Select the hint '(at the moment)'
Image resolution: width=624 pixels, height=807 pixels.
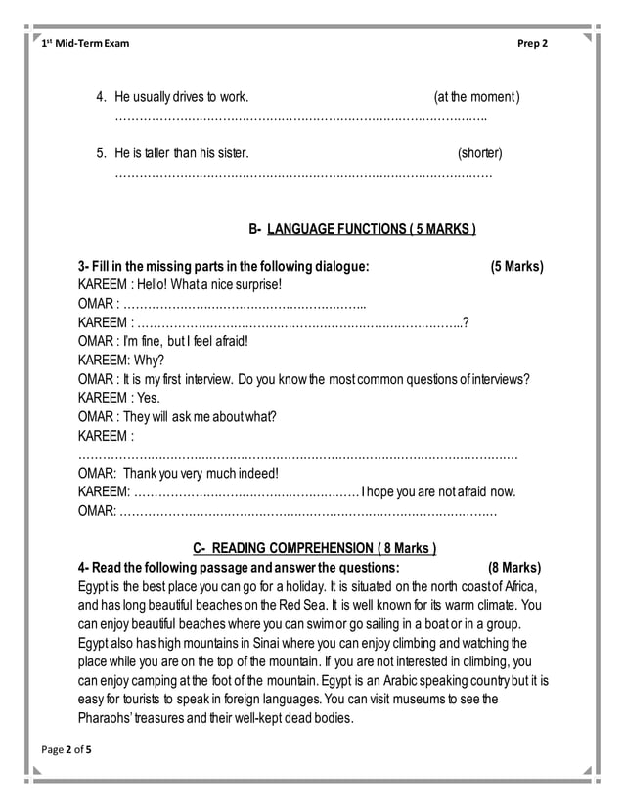pyautogui.click(x=476, y=97)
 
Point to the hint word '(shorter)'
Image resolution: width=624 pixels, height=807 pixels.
pyautogui.click(x=479, y=153)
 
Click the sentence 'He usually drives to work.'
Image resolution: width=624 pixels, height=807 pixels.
pyautogui.click(x=181, y=97)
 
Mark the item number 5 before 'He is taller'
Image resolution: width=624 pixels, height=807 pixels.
pyautogui.click(x=100, y=153)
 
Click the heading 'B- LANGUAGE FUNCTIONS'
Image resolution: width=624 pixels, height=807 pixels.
pyautogui.click(x=362, y=229)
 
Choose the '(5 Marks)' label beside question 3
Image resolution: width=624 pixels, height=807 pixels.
pyautogui.click(x=516, y=266)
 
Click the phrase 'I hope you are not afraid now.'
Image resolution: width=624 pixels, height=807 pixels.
pyautogui.click(x=438, y=490)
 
